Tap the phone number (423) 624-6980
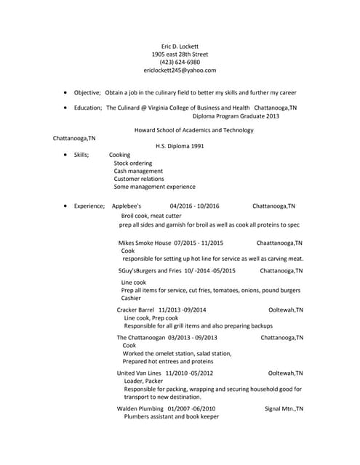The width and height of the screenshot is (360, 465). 180,62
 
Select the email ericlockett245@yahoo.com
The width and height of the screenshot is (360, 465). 180,70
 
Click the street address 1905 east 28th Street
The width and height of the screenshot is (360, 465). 180,54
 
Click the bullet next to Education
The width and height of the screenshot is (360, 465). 65,108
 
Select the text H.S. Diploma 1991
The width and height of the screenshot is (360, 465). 180,146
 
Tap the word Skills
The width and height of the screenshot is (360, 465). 81,155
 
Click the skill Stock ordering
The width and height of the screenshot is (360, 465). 133,163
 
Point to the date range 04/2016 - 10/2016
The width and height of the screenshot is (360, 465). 194,206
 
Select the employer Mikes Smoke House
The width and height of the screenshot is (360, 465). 144,243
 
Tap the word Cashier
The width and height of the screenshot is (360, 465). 131,298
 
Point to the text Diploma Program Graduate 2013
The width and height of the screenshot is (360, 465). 236,116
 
